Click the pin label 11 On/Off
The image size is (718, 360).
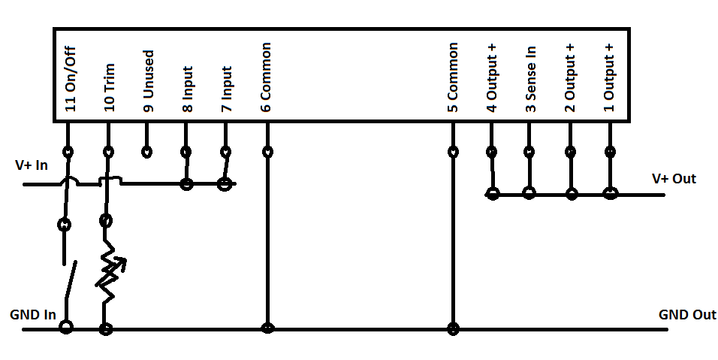[x=71, y=77]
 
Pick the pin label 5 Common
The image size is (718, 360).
[x=453, y=77]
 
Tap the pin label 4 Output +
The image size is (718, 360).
[x=492, y=72]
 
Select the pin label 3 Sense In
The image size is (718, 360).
[x=531, y=77]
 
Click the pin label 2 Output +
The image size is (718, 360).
[x=570, y=72]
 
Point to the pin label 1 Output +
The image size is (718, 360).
[x=609, y=72]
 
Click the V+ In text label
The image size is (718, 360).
[x=32, y=165]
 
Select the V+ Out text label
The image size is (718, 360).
[x=674, y=179]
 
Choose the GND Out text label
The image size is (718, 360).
[x=687, y=314]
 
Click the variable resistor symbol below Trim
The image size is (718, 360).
[x=108, y=271]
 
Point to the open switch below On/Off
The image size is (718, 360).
[x=69, y=282]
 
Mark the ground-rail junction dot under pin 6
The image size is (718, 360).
[x=267, y=328]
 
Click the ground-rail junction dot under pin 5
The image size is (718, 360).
[x=453, y=328]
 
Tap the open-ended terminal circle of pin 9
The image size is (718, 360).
[x=148, y=153]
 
